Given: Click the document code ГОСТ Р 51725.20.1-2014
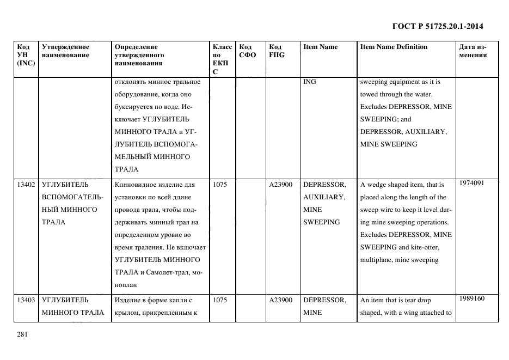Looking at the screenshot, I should tap(438, 26).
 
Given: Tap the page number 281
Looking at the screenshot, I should tap(22, 334).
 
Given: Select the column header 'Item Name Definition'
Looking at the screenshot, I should tap(394, 47).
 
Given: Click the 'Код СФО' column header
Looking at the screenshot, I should tap(247, 51).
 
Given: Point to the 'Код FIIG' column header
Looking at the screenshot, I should tap(276, 51).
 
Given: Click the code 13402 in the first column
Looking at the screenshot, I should tap(26, 185).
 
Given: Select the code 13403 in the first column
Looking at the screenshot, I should tap(26, 300).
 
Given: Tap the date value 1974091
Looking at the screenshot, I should tap(472, 183).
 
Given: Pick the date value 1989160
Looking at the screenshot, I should tap(472, 298).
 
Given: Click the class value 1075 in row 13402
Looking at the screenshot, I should tap(220, 185).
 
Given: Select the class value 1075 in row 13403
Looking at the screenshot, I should tap(220, 300).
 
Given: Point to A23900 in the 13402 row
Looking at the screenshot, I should tap(281, 185).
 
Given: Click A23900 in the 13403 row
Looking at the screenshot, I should tap(281, 300).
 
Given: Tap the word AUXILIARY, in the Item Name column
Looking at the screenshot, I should tap(324, 197).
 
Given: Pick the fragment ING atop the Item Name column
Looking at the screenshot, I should tap(309, 82).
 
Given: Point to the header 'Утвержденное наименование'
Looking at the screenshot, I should tap(65, 51).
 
